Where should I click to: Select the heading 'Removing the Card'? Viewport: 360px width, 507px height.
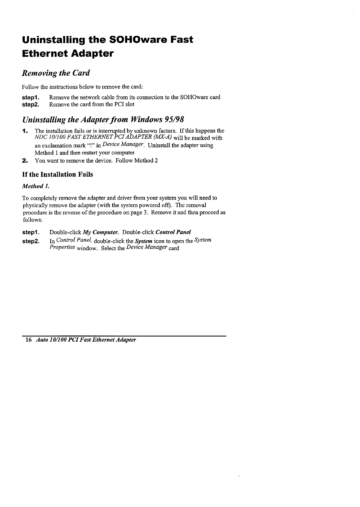click(55, 73)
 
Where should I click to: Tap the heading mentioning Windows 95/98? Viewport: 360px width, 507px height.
click(103, 120)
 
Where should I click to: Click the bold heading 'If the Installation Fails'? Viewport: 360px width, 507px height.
click(57, 174)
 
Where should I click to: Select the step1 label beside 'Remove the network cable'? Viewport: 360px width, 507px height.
click(31, 97)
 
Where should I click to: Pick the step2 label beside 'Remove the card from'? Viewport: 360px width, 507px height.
click(31, 104)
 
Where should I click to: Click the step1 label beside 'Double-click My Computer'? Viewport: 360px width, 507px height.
click(31, 232)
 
